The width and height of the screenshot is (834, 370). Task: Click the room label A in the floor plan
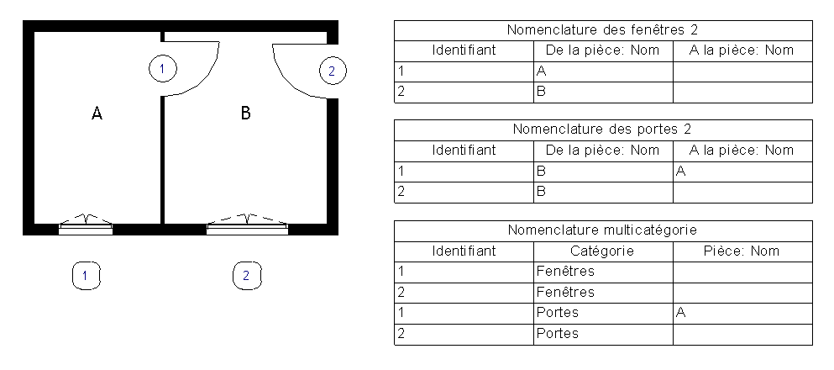pos(97,113)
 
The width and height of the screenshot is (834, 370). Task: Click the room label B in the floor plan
pos(246,113)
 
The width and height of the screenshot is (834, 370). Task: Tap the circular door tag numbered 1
pos(163,69)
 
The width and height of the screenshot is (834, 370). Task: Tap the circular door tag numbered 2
pos(333,71)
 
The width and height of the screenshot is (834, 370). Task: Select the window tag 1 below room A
pos(86,276)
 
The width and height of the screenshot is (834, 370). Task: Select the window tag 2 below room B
pos(247,276)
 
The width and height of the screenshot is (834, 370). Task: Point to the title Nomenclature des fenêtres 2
pos(603,29)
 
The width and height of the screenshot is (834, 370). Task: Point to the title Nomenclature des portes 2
pos(603,129)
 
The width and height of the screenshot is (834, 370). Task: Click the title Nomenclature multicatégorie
pos(603,230)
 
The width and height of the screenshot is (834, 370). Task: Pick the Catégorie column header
pos(602,251)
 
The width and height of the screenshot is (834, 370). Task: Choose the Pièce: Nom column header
pos(742,251)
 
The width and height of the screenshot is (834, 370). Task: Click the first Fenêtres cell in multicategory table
pos(565,272)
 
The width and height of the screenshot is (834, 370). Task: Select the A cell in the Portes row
pos(681,313)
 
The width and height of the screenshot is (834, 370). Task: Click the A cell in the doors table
pos(681,172)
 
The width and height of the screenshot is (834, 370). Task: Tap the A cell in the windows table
pos(542,71)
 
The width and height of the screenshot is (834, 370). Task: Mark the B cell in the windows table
pos(541,92)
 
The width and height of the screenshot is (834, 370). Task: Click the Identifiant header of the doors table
pos(464,151)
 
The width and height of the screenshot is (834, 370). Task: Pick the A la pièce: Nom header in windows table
pos(742,50)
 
